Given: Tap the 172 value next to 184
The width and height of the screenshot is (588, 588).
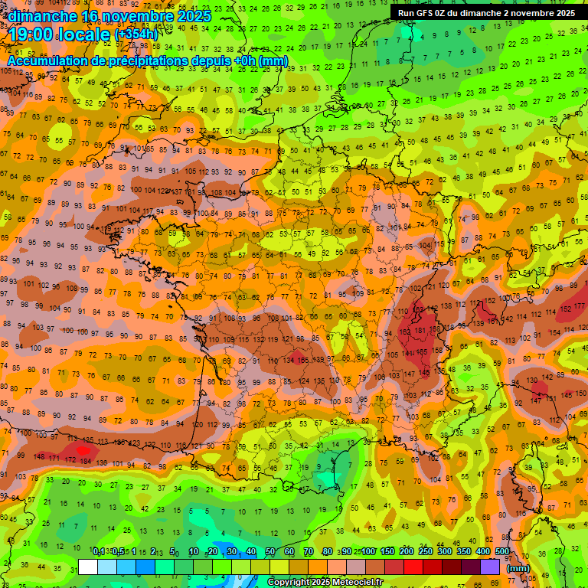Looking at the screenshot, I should tap(70, 459).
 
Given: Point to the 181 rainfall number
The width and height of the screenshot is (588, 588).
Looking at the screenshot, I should tap(420, 331).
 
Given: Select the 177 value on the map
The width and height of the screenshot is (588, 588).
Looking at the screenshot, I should tap(579, 306).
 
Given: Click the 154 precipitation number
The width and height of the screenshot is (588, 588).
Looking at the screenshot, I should tap(422, 351).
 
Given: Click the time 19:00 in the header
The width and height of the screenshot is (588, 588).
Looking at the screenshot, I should tap(32, 33).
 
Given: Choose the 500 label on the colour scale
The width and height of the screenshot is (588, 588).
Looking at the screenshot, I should tap(502, 551).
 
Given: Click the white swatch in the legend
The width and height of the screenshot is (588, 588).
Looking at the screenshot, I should tap(88, 567).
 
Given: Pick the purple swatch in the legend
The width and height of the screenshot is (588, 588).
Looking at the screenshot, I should tap(490, 567).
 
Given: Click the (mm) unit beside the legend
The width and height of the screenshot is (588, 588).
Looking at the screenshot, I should tap(518, 568).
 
